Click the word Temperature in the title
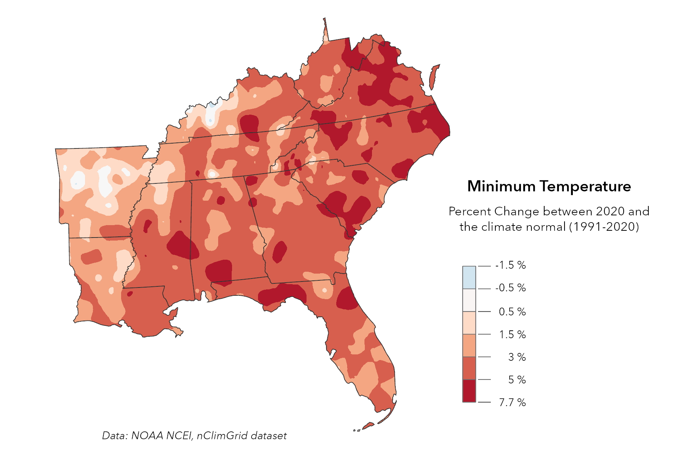coord(586,186)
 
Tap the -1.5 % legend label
coord(510,265)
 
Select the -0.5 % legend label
coord(510,288)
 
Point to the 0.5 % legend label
coord(512,312)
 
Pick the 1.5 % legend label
coord(512,334)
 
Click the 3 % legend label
coord(517,357)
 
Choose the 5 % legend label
coord(517,380)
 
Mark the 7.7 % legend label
coord(512,403)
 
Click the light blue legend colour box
coord(469,277)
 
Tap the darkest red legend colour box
coord(469,391)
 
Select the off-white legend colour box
coord(469,300)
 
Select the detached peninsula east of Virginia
coord(433,77)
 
